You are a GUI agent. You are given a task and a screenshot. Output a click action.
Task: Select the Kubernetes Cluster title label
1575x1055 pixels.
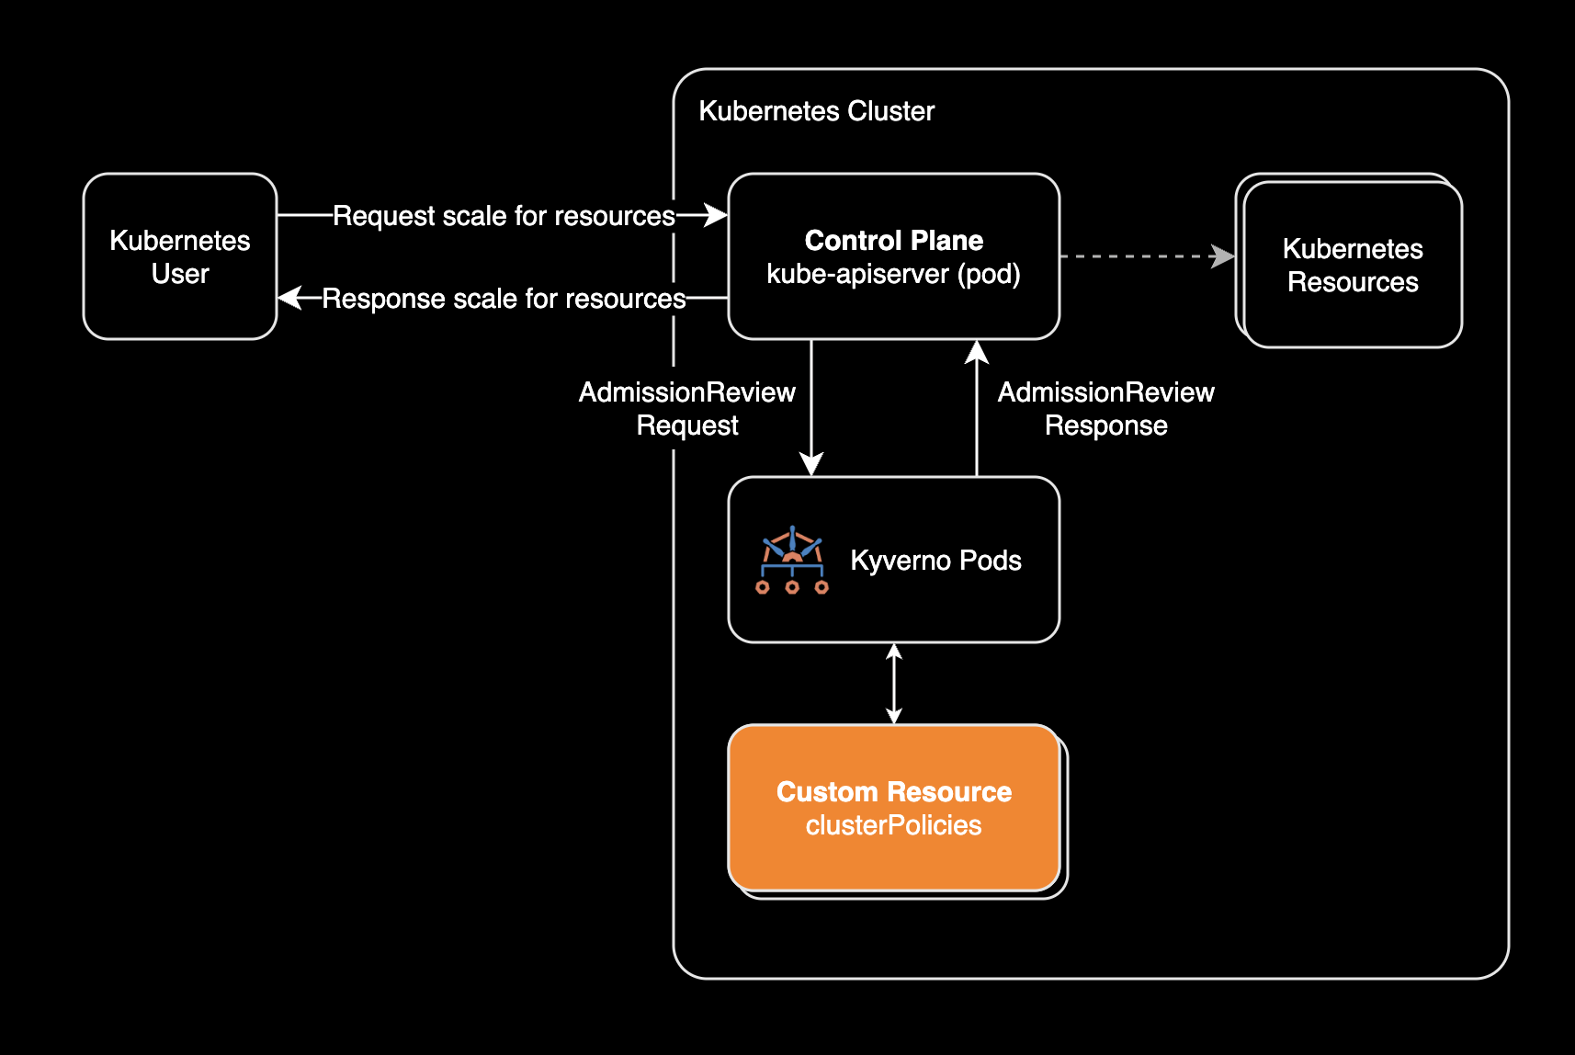816,111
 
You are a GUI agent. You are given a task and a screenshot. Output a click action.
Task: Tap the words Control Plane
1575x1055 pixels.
893,241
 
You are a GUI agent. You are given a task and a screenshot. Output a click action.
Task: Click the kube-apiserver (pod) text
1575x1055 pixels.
893,274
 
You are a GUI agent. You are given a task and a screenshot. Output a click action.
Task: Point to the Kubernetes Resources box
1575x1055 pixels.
1352,265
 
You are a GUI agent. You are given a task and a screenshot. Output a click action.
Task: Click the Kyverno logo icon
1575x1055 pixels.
792,560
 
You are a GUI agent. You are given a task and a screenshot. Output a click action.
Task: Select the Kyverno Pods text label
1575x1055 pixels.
935,561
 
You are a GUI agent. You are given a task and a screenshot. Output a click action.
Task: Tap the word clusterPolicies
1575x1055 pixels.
893,825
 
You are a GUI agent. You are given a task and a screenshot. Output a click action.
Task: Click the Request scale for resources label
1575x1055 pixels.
504,216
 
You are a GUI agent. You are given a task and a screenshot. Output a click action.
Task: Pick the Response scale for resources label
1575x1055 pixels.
504,299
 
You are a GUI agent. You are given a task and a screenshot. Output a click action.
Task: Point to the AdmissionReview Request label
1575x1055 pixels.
687,409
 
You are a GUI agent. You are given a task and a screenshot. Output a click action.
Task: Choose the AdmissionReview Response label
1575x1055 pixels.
1105,409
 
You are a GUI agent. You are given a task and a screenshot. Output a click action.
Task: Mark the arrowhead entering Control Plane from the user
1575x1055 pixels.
716,215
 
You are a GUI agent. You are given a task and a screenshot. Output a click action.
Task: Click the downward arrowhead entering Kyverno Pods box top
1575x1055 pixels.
811,464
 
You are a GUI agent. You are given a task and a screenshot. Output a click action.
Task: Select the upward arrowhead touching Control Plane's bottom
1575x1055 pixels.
977,352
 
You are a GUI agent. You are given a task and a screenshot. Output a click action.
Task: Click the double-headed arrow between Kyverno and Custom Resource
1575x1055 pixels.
894,684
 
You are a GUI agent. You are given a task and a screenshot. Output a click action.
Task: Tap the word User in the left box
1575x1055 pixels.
180,274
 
